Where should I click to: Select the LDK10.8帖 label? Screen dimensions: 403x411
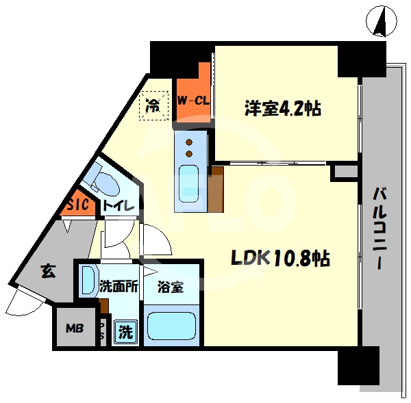(279, 259)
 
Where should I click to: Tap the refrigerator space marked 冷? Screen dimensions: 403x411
(153, 106)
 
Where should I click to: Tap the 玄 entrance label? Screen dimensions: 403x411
(47, 272)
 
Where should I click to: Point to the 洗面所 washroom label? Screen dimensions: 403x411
(120, 287)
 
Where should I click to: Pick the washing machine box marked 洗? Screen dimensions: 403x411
(125, 333)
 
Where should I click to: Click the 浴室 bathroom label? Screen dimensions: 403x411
(170, 287)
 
